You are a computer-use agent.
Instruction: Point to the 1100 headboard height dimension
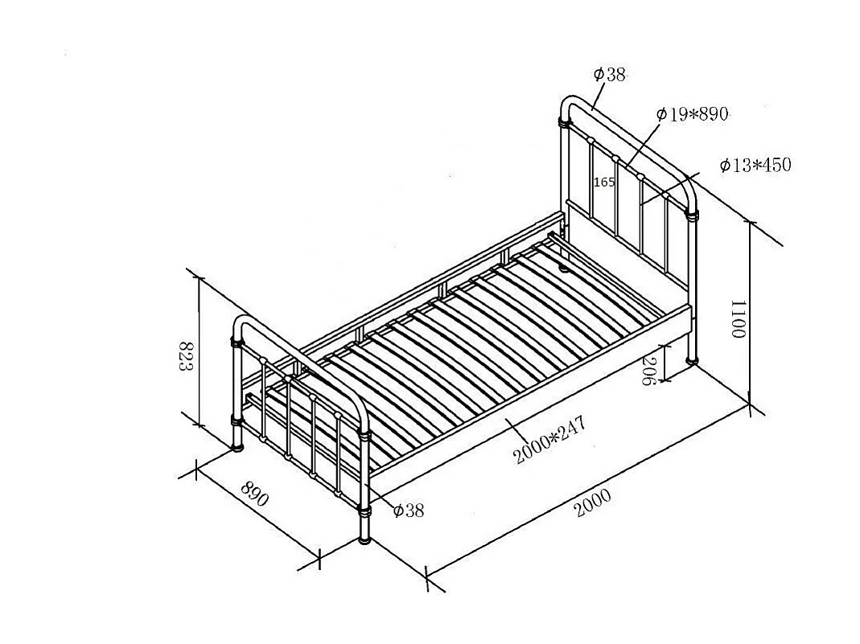coord(738,319)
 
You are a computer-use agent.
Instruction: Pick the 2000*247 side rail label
coord(550,441)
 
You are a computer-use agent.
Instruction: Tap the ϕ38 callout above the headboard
coord(609,75)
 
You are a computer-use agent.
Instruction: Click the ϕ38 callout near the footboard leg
coord(408,510)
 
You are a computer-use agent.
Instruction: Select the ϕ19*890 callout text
coord(692,114)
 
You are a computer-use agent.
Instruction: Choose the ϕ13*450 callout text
coord(755,166)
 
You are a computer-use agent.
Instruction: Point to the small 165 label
coord(604,183)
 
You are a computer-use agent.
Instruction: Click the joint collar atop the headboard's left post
coord(564,123)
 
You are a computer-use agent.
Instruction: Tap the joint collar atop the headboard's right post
coord(691,215)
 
